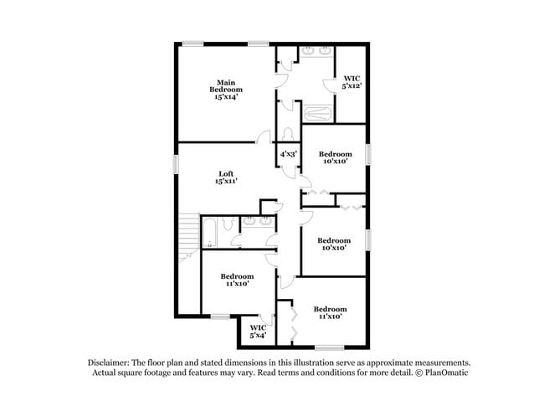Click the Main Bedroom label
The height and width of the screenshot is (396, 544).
pyautogui.click(x=226, y=90)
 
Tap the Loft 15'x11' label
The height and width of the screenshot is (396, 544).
pyautogui.click(x=226, y=177)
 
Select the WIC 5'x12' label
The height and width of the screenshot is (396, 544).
pyautogui.click(x=352, y=82)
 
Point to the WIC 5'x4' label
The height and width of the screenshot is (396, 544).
pyautogui.click(x=258, y=332)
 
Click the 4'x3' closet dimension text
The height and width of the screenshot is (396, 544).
pyautogui.click(x=289, y=154)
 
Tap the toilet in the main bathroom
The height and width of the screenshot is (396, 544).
pyautogui.click(x=288, y=134)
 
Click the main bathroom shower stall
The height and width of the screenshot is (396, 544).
pyautogui.click(x=317, y=114)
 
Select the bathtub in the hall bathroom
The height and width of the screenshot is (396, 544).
pyautogui.click(x=209, y=233)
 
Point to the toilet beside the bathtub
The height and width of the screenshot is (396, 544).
pyautogui.click(x=228, y=224)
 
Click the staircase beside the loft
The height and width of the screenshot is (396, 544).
pyautogui.click(x=189, y=237)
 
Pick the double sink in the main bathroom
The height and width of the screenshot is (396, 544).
pyautogui.click(x=316, y=51)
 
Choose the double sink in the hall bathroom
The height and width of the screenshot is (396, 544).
pyautogui.click(x=258, y=221)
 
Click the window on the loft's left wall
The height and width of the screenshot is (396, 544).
pyautogui.click(x=176, y=164)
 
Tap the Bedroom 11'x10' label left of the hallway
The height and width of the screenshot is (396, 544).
pyautogui.click(x=238, y=280)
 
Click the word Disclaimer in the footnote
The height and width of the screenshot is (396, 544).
pyautogui.click(x=109, y=363)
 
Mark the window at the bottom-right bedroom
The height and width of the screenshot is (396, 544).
pyautogui.click(x=329, y=347)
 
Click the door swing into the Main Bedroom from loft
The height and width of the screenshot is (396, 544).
pyautogui.click(x=264, y=136)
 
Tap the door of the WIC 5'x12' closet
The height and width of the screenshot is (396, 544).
pyautogui.click(x=329, y=85)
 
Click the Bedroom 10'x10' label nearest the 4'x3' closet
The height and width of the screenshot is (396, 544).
pyautogui.click(x=335, y=157)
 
